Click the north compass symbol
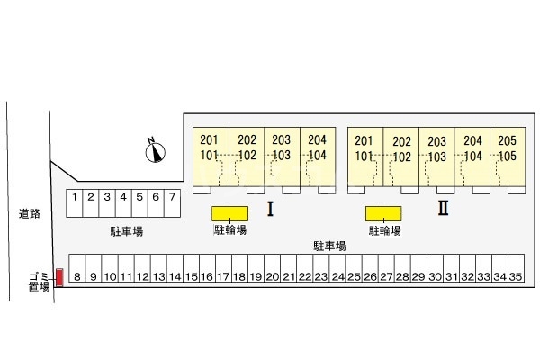pyautogui.click(x=156, y=151)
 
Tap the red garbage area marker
pyautogui.click(x=59, y=277)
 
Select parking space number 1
pyautogui.click(x=75, y=203)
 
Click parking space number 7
pyautogui.click(x=172, y=203)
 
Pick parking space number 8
pyautogui.click(x=77, y=268)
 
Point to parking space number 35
pyautogui.click(x=516, y=268)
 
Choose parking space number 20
pyautogui.click(x=273, y=268)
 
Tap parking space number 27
pyautogui.click(x=386, y=268)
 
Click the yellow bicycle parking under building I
pyautogui.click(x=229, y=213)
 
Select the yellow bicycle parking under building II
pyautogui.click(x=383, y=213)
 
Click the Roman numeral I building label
pyautogui.click(x=270, y=209)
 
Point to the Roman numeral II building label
pyautogui.click(x=443, y=208)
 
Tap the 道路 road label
pyautogui.click(x=30, y=214)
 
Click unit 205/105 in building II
pyautogui.click(x=508, y=157)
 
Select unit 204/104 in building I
pyautogui.click(x=318, y=157)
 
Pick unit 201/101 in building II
pyautogui.click(x=365, y=157)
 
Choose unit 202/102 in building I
pyautogui.click(x=247, y=157)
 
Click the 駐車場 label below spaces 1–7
pyautogui.click(x=127, y=231)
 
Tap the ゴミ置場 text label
pyautogui.click(x=40, y=282)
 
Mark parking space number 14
pyautogui.click(x=175, y=268)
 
